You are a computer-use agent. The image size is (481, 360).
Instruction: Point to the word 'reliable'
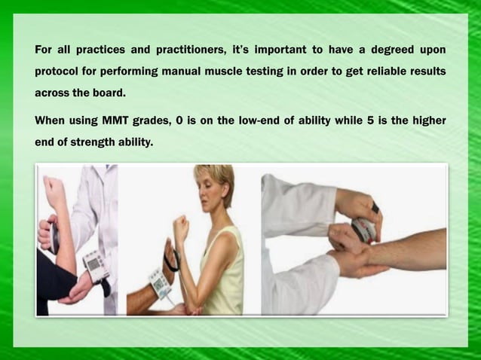[x=389, y=72]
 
